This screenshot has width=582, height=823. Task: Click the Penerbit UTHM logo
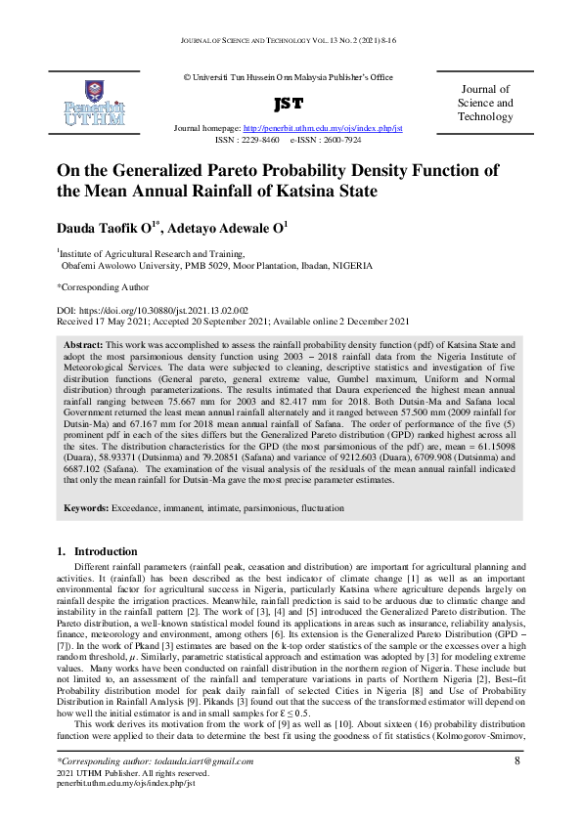pos(96,103)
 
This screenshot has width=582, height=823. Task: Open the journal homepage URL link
pos(322,128)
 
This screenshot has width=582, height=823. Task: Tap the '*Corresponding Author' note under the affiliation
pos(103,287)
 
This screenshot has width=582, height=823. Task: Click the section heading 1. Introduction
pos(97,553)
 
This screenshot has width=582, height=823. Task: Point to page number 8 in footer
pos(515,760)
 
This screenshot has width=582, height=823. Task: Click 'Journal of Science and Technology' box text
pos(485,103)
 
